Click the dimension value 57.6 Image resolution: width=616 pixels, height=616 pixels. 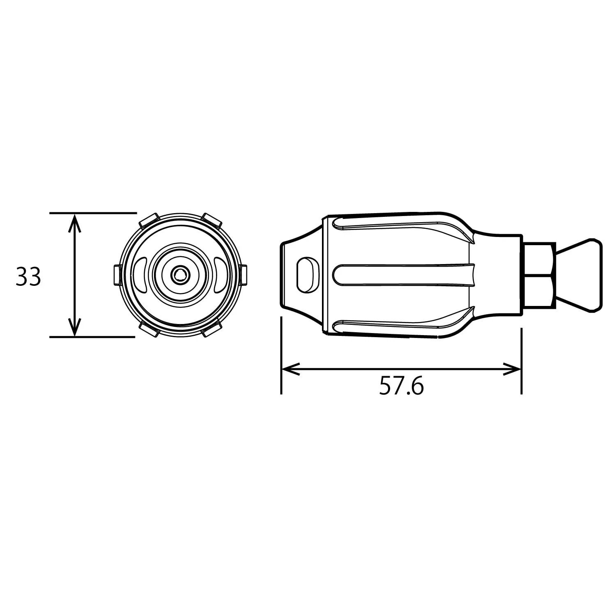401,386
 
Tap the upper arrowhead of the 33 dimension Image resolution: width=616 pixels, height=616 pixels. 74,223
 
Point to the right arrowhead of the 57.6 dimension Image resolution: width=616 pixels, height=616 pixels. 512,369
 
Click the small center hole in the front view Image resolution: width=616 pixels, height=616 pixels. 179,275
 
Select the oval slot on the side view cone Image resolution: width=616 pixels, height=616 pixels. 308,275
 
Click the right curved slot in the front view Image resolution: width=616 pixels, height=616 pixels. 220,275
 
